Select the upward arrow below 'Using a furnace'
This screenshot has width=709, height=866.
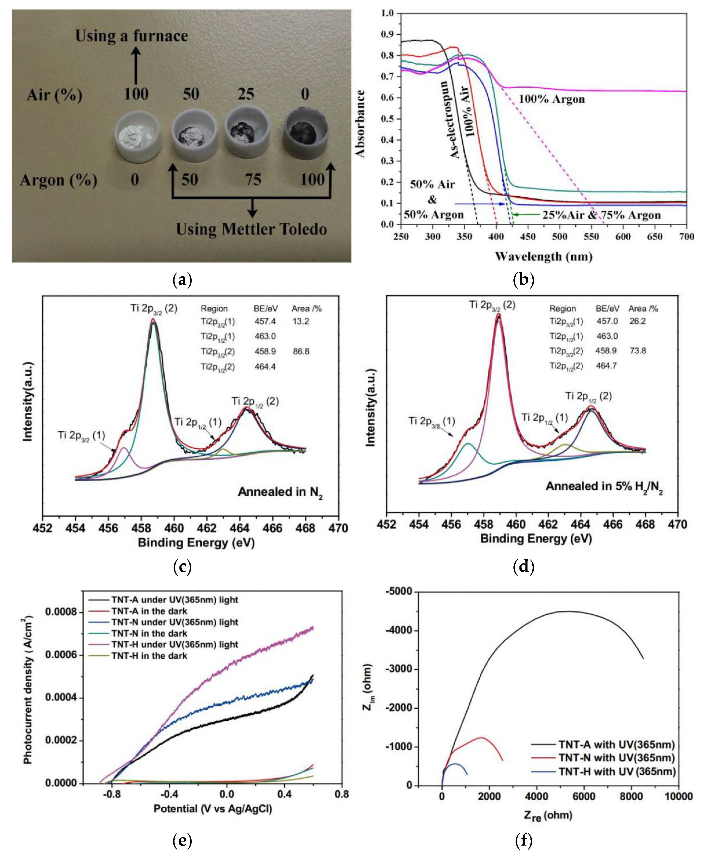point(136,65)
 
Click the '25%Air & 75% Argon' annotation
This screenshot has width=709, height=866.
point(601,215)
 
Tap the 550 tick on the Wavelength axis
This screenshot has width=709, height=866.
point(591,236)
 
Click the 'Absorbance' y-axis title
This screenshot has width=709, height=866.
point(360,123)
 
